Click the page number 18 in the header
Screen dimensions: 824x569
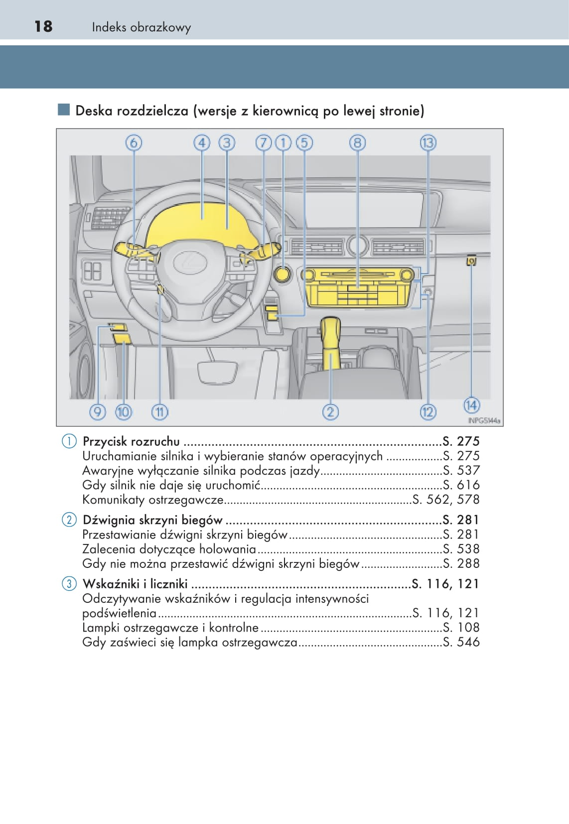tap(43, 26)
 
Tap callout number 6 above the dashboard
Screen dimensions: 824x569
tap(134, 143)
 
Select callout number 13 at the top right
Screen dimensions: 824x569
tap(428, 143)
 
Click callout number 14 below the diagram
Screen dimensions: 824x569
tap(471, 405)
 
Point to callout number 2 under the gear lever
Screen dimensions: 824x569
tap(330, 412)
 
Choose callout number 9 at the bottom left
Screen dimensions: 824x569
tap(98, 412)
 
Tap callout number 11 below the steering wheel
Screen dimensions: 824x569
tap(159, 412)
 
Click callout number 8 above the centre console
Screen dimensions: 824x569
tap(357, 143)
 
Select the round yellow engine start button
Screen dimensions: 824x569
tap(283, 274)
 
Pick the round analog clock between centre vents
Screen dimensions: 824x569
tap(357, 245)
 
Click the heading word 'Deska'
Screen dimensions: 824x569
tap(94, 111)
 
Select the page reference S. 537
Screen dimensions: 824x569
tap(461, 470)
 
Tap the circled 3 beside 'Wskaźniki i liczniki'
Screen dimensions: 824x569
tap(69, 584)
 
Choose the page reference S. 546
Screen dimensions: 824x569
tap(461, 642)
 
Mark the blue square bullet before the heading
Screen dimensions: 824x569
tap(64, 110)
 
